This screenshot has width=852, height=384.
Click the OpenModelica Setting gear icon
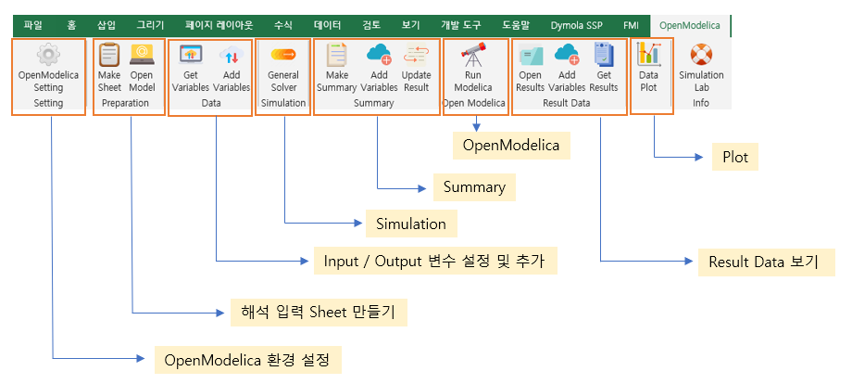(x=48, y=55)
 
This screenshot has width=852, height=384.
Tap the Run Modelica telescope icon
(x=472, y=55)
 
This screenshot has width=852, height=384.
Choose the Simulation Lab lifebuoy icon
(x=701, y=55)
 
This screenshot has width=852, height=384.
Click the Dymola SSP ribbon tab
(x=576, y=25)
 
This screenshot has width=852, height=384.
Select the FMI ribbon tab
(x=632, y=25)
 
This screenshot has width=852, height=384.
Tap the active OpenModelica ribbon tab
(x=690, y=25)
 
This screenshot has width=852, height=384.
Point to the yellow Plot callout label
(x=735, y=157)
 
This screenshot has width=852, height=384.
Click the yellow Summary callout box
(x=474, y=187)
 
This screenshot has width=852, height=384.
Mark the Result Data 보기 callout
(x=766, y=262)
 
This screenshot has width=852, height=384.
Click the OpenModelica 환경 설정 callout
(x=248, y=360)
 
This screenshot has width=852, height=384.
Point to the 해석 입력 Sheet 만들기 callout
(x=319, y=313)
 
